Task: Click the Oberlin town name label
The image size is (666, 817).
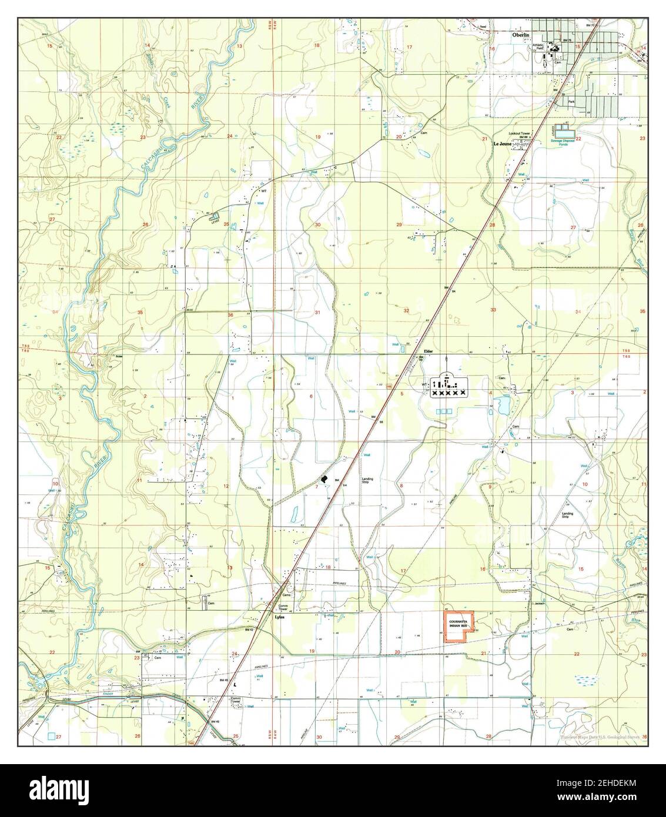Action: [520, 35]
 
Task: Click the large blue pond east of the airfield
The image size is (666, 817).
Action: [503, 404]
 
